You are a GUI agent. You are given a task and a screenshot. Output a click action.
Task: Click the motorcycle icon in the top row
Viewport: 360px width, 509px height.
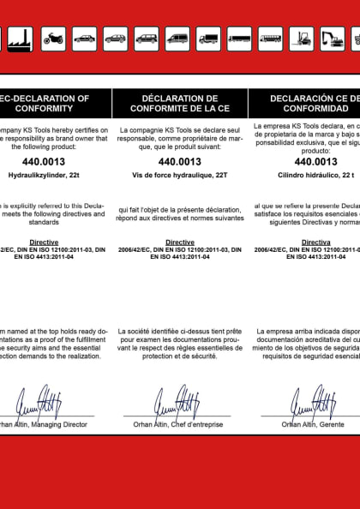53,38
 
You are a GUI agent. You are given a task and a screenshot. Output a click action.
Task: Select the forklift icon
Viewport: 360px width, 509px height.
301,38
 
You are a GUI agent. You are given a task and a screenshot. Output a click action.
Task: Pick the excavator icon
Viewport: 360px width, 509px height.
332,38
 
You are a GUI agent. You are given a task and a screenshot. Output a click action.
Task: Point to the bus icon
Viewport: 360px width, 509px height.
270,38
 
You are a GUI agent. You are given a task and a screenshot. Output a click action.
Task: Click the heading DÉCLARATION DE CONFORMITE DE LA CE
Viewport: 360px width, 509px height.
180,104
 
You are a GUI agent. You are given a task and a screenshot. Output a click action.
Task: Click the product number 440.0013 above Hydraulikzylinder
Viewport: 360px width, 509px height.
43,160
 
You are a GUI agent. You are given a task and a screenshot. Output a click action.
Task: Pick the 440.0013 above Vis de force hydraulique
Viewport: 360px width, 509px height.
180,160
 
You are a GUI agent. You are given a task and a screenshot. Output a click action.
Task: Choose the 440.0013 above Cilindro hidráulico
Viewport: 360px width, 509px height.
315,160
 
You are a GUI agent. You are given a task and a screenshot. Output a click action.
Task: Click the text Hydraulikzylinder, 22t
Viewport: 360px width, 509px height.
43,174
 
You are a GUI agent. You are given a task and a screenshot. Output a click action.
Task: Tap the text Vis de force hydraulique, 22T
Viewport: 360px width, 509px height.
180,174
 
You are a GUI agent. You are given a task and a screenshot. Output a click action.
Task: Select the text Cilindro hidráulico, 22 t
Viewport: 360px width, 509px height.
315,174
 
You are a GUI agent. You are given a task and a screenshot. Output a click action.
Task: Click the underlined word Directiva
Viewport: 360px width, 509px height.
315,243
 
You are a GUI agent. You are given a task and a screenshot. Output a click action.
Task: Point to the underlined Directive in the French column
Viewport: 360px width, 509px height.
180,243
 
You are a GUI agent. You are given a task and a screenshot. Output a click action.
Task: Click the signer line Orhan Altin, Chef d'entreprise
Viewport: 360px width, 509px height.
179,424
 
